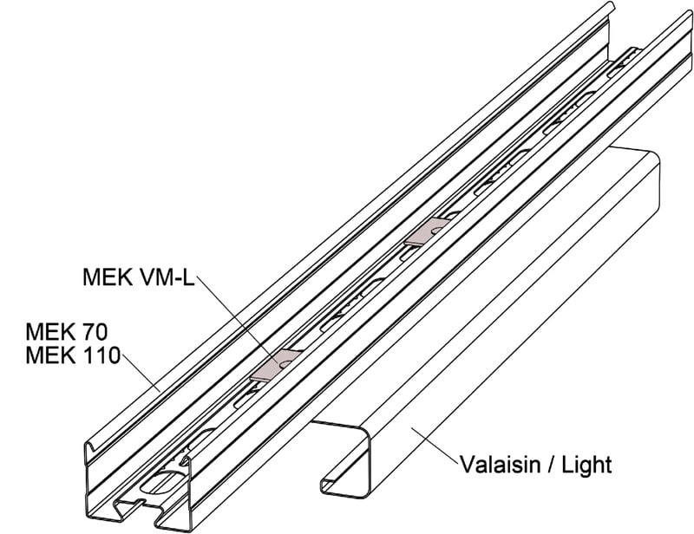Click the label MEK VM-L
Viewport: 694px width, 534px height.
click(x=139, y=277)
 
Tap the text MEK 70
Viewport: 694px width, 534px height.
click(x=67, y=331)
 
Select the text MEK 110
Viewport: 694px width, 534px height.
click(x=73, y=355)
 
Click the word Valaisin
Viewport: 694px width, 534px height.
click(x=501, y=465)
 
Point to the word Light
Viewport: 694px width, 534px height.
click(x=587, y=465)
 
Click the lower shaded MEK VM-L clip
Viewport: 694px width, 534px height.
click(x=276, y=365)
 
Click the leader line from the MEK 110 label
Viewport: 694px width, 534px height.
click(x=141, y=373)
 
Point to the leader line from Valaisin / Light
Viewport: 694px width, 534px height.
click(x=435, y=446)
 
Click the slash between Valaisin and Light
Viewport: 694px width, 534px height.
click(x=552, y=465)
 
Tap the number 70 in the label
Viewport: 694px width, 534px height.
click(x=95, y=331)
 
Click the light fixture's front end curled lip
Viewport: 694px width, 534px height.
click(x=330, y=483)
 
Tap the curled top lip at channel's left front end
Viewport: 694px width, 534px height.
click(x=92, y=446)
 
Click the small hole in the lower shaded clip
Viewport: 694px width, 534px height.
click(x=285, y=363)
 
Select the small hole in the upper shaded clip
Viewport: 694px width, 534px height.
click(x=438, y=230)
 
